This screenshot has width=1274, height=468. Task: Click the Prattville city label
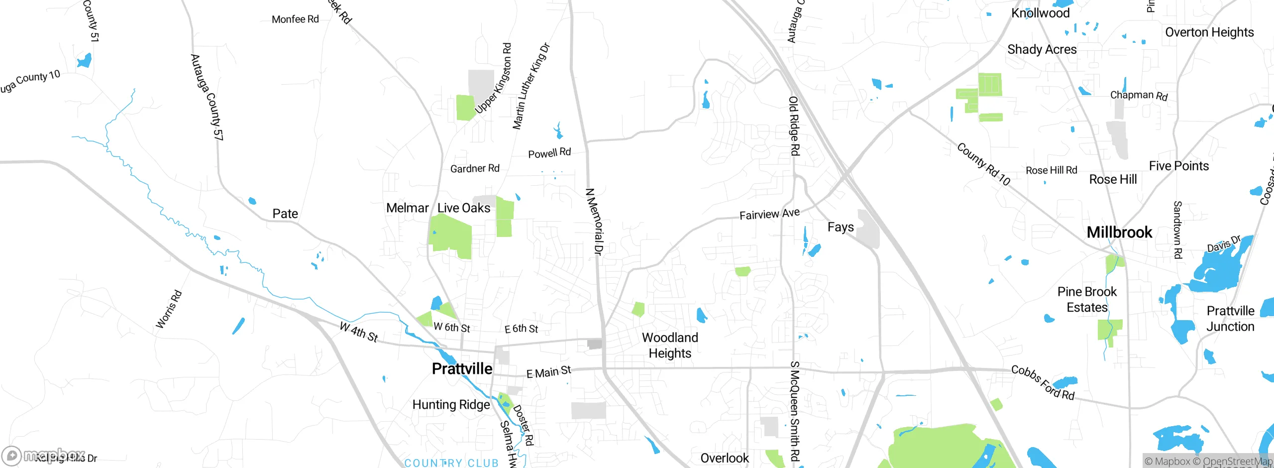point(462,369)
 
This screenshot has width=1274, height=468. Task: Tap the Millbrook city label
point(1119,232)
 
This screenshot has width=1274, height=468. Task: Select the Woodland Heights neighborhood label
point(670,345)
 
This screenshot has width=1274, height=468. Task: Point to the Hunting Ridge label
point(451,405)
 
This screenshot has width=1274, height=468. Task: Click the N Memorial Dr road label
point(594,222)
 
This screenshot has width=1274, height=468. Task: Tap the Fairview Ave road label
point(769,214)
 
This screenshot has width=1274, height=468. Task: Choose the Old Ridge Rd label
point(794,125)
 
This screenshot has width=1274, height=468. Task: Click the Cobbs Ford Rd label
point(1043,383)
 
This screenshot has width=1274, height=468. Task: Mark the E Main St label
point(548,372)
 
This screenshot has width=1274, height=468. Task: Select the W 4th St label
point(358,332)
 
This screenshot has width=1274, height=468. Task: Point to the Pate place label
point(285,214)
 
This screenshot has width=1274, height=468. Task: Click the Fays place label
point(841,227)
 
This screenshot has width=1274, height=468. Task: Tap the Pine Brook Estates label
point(1087,299)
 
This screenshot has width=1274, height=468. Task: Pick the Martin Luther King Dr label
point(531,86)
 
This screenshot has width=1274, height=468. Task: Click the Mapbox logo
point(42,456)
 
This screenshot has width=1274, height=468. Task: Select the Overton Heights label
point(1209,32)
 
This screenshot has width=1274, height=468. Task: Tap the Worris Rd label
point(169,309)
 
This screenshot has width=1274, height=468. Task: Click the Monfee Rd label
point(295,19)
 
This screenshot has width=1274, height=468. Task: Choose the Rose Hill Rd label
point(1051,170)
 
